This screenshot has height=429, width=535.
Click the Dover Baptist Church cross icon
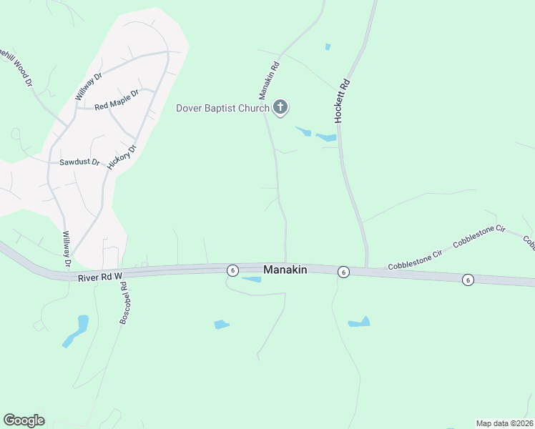pyautogui.click(x=281, y=108)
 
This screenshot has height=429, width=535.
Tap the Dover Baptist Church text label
pyautogui.click(x=222, y=108)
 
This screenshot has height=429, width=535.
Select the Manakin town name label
pyautogui.click(x=285, y=270)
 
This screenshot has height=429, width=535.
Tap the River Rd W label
pyautogui.click(x=99, y=275)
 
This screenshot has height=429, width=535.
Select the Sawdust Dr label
pyautogui.click(x=79, y=162)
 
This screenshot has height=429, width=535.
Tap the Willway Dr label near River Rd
pyautogui.click(x=67, y=249)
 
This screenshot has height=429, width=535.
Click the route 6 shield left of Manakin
pyautogui.click(x=232, y=270)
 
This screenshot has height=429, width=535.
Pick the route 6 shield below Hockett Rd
pyautogui.click(x=344, y=272)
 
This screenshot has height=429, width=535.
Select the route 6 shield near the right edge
pyautogui.click(x=467, y=280)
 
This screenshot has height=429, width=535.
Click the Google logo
pyautogui.click(x=24, y=420)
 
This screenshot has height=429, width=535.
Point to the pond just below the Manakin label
pyautogui.click(x=251, y=279)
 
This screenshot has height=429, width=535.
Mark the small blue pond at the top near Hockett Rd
pyautogui.click(x=328, y=47)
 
